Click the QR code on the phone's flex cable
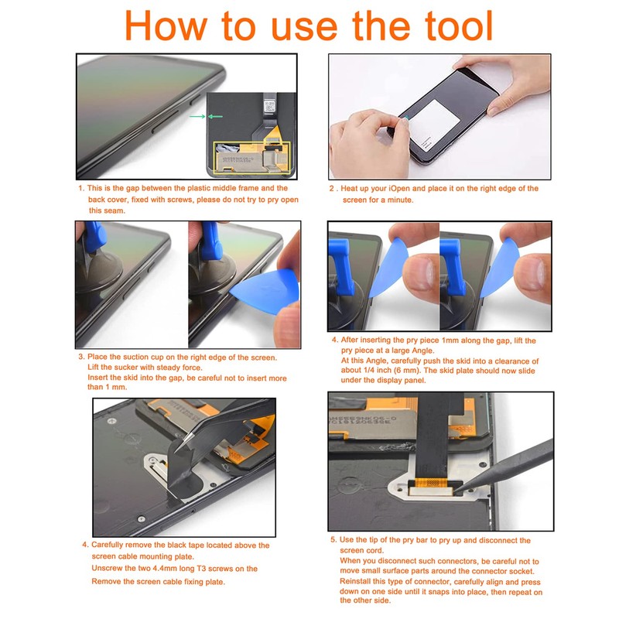point(269,106)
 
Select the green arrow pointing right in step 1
point(197,117)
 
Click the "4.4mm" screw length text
point(164,569)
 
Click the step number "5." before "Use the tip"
point(334,539)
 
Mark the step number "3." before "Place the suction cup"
point(81,357)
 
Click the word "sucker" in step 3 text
point(126,368)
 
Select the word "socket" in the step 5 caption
point(521,571)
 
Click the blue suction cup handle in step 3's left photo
point(94,237)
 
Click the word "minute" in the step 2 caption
point(399,200)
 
